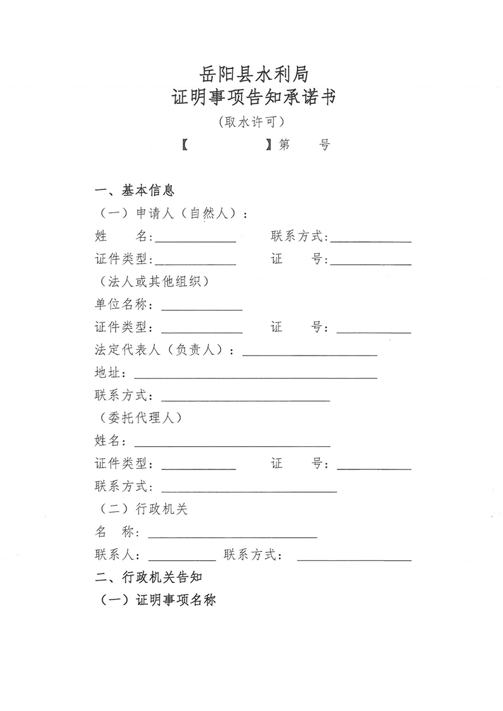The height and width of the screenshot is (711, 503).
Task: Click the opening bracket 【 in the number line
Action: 185,145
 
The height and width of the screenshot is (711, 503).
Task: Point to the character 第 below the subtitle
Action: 283,145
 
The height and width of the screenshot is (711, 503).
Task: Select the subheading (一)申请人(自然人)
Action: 171,214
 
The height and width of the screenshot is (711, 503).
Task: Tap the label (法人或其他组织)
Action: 153,281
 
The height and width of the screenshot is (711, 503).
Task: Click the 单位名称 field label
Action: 121,305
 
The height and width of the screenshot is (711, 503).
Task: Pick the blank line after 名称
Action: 232,537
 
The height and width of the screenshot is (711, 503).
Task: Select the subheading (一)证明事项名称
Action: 157,600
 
